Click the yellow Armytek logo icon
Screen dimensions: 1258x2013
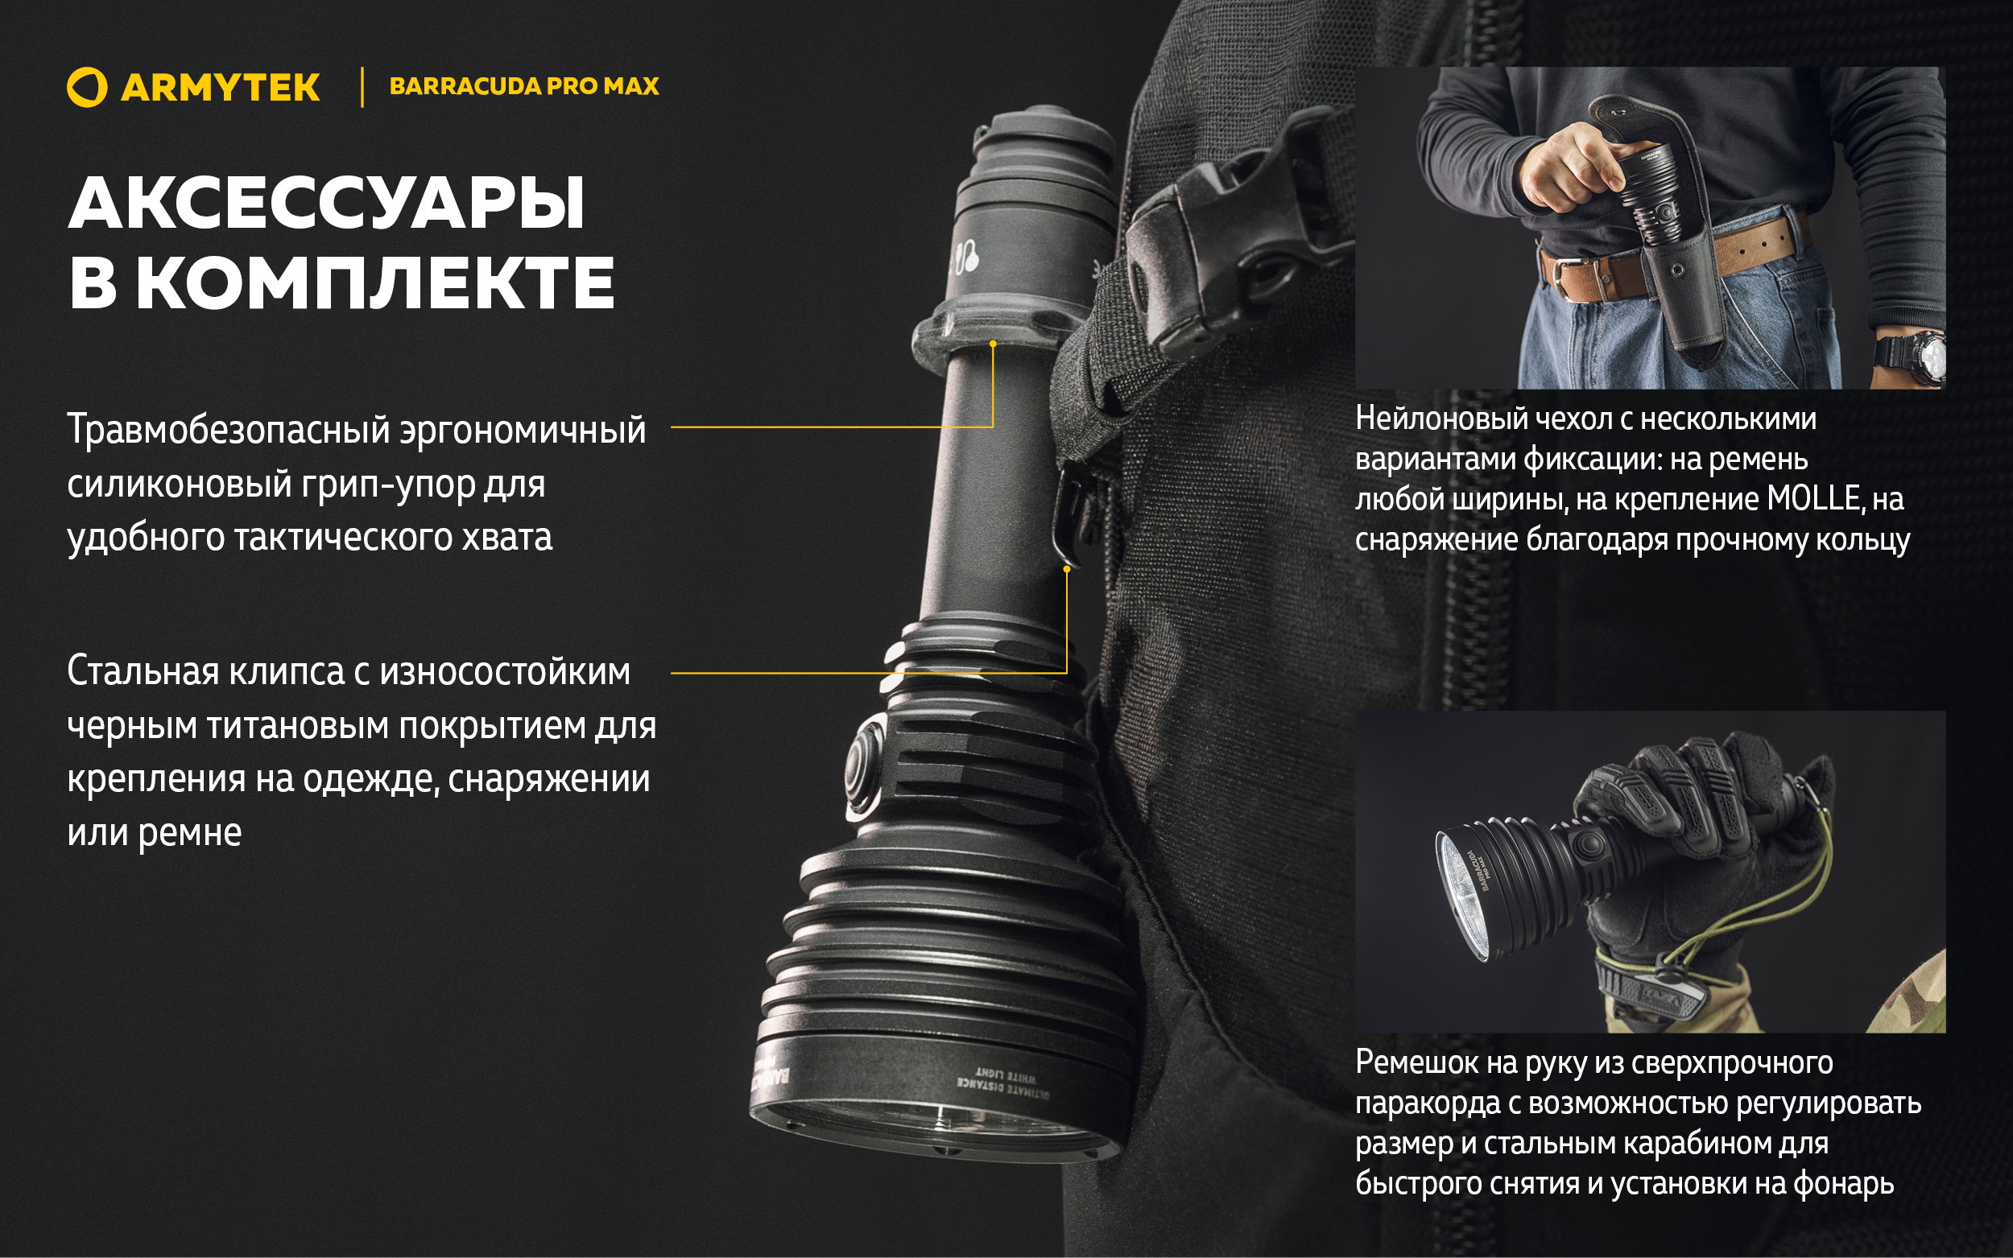tap(86, 88)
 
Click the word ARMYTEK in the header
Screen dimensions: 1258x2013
tap(221, 89)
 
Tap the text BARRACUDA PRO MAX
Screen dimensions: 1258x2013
tap(523, 87)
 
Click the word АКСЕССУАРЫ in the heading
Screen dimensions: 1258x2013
tap(326, 204)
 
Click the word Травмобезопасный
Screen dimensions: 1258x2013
tap(227, 430)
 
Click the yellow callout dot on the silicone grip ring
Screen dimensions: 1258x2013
tap(993, 344)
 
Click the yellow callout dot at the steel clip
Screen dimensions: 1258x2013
tap(1067, 569)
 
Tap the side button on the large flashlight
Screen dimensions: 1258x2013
tap(865, 763)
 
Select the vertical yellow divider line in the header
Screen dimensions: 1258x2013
tap(362, 88)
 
